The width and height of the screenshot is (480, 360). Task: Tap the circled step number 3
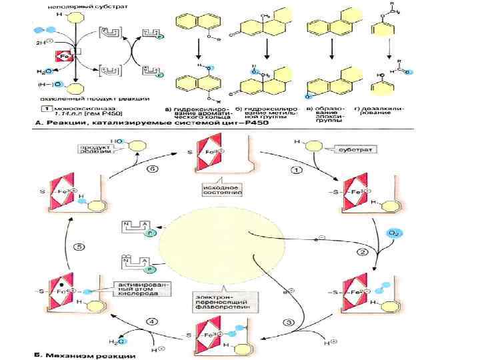point(289,323)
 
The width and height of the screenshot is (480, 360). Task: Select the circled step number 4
point(153,322)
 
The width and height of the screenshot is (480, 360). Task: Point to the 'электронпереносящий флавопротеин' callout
point(215,297)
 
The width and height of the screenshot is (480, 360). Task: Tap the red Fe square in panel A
point(64,57)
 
